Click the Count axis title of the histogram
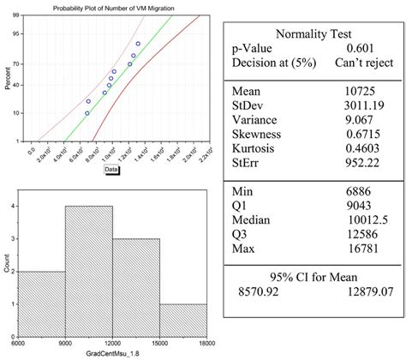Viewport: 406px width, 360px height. [8, 266]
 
